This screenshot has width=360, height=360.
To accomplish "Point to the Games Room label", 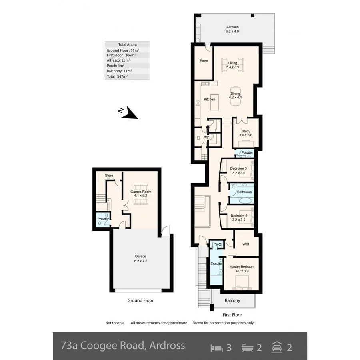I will (141, 192).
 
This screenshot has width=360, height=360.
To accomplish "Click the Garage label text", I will (140, 256).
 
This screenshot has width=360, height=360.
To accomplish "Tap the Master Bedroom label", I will (242, 266).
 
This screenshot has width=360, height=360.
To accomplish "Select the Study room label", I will (246, 131).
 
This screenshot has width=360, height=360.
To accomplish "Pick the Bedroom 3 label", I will (238, 168).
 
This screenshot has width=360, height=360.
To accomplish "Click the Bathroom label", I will (244, 192).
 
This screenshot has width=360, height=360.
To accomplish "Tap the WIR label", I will (246, 244).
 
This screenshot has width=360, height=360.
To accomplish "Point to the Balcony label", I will (232, 300).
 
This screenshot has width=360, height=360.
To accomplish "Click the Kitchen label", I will (209, 99).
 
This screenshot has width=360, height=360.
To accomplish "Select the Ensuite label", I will (216, 264).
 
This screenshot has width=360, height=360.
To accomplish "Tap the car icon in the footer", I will (276, 347).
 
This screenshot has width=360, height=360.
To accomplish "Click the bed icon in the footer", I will (216, 347).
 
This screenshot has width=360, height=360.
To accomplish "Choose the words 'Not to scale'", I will (115, 323).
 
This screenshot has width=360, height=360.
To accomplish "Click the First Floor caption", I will (232, 315).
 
